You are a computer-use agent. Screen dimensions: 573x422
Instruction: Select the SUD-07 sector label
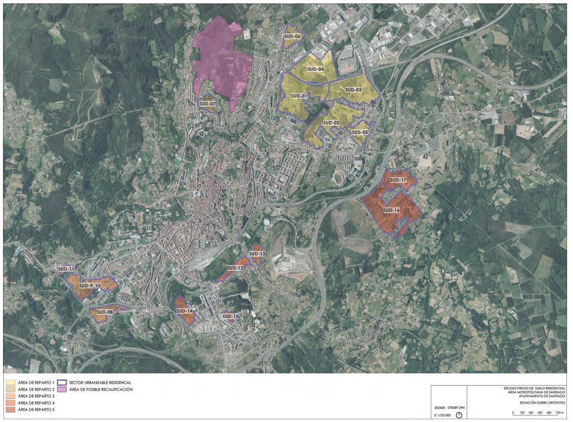(208, 104)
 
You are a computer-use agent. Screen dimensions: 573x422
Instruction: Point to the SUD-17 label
(398, 180)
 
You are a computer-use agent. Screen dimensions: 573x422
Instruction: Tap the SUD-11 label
(66, 269)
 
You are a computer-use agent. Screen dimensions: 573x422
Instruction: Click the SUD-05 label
(360, 132)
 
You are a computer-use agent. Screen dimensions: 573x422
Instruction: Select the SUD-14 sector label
(184, 311)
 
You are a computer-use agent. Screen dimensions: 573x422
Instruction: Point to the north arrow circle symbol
(459, 415)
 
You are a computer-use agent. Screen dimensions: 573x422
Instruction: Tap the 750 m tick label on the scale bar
(560, 412)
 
